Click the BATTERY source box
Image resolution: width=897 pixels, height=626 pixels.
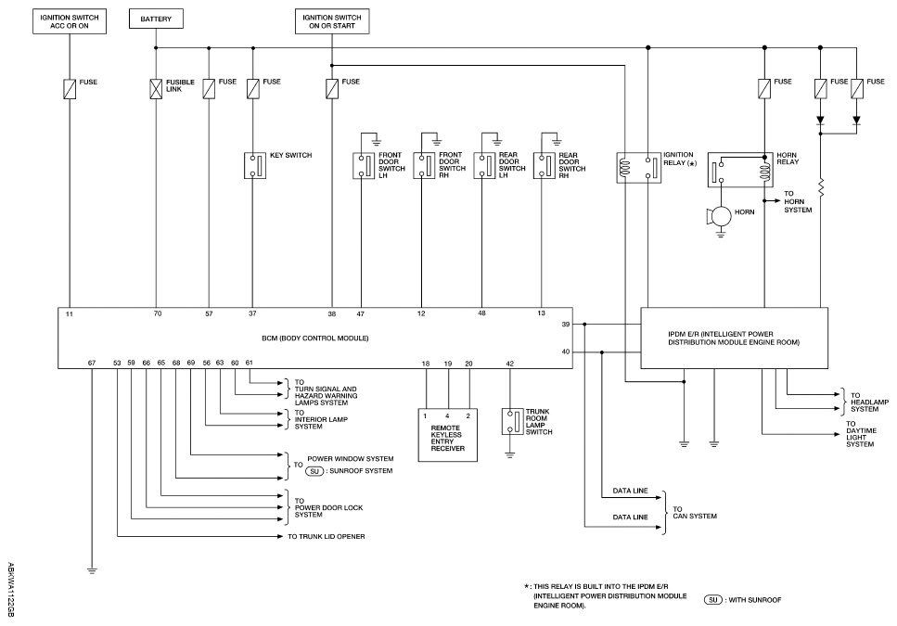tap(155, 19)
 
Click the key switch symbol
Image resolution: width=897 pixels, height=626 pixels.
tap(253, 165)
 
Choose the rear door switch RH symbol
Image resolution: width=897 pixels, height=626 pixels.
tap(545, 165)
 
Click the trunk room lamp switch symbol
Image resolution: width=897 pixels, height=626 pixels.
tap(509, 421)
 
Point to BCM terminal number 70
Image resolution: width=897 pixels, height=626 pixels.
tap(158, 314)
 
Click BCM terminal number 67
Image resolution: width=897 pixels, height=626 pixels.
tap(91, 363)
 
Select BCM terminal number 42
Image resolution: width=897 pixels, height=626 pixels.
tap(509, 364)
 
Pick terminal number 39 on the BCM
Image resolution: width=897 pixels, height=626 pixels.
tap(565, 325)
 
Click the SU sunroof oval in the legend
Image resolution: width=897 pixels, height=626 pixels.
tap(715, 600)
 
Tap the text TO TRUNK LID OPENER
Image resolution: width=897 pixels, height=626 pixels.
tap(326, 537)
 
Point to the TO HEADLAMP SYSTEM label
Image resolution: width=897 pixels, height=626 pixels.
tap(869, 401)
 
